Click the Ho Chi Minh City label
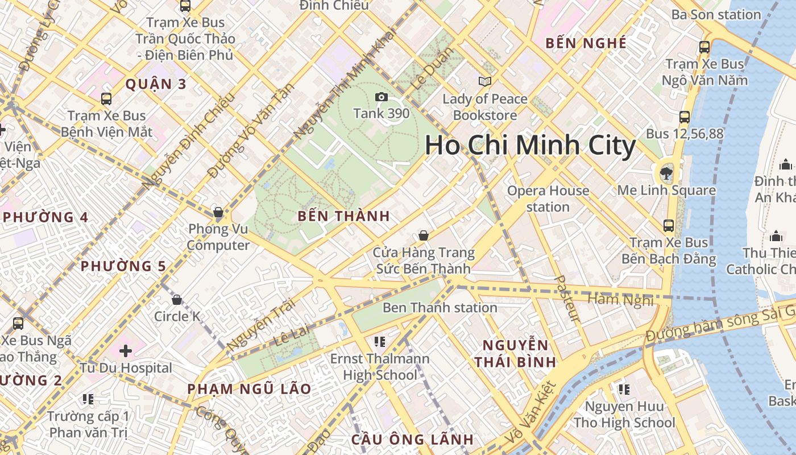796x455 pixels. click(x=530, y=146)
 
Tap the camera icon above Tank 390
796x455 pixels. click(x=382, y=97)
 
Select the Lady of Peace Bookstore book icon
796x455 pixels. click(x=484, y=82)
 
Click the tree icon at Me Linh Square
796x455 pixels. click(x=666, y=172)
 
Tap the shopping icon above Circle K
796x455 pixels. click(x=177, y=299)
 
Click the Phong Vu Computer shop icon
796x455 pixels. click(x=218, y=213)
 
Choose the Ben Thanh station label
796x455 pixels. click(x=440, y=308)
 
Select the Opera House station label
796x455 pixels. click(x=548, y=198)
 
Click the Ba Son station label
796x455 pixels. click(x=716, y=15)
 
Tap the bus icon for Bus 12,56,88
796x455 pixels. click(x=685, y=117)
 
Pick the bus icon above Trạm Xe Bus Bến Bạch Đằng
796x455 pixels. click(x=669, y=226)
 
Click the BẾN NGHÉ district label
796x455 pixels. click(x=586, y=43)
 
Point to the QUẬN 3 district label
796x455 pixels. click(x=155, y=84)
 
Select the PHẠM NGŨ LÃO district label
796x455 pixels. click(x=250, y=389)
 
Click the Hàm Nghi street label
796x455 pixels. click(x=620, y=299)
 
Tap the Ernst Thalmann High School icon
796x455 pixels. click(x=380, y=342)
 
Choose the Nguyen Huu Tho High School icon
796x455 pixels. click(x=624, y=390)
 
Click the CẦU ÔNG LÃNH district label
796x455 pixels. click(x=412, y=439)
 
